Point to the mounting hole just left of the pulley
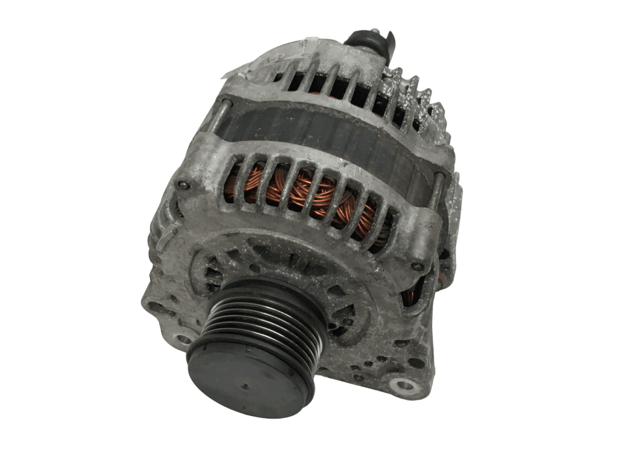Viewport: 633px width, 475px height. [183, 339]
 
